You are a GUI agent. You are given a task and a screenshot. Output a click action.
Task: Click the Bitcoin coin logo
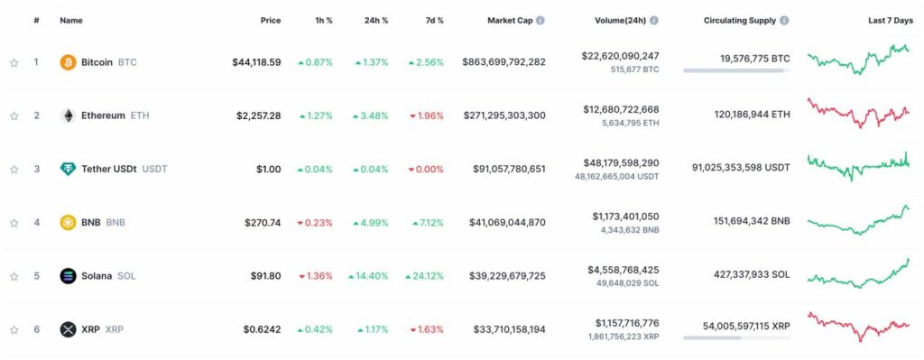pyautogui.click(x=68, y=62)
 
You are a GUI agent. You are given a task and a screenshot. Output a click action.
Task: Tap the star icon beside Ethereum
pyautogui.click(x=14, y=115)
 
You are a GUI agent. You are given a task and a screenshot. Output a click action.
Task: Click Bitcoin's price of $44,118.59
pyautogui.click(x=256, y=62)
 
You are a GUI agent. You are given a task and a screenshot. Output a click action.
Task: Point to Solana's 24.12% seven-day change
pyautogui.click(x=426, y=275)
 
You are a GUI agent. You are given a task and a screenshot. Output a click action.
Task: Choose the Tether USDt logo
pyautogui.click(x=68, y=169)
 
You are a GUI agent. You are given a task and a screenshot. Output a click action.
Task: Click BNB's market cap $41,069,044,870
pyautogui.click(x=509, y=222)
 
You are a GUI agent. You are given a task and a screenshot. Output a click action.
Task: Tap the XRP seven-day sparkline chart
pyautogui.click(x=858, y=326)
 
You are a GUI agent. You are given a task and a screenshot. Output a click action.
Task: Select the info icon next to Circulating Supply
pyautogui.click(x=784, y=20)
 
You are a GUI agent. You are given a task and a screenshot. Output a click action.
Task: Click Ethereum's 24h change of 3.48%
pyautogui.click(x=372, y=115)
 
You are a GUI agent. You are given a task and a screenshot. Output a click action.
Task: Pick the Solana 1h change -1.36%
pyautogui.click(x=315, y=275)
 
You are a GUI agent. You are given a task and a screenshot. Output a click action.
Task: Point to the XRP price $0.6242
pyautogui.click(x=262, y=329)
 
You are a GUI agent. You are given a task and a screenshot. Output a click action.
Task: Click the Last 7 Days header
pyautogui.click(x=890, y=20)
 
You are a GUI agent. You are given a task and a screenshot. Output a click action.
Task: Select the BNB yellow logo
pyautogui.click(x=68, y=222)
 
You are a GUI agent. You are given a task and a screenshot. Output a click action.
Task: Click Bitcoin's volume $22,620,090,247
pyautogui.click(x=620, y=56)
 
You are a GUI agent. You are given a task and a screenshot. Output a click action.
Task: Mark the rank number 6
pyautogui.click(x=37, y=329)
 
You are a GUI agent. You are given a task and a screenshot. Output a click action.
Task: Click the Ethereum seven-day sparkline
pyautogui.click(x=858, y=114)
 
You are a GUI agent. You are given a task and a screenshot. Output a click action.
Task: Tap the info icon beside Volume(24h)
pyautogui.click(x=653, y=20)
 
